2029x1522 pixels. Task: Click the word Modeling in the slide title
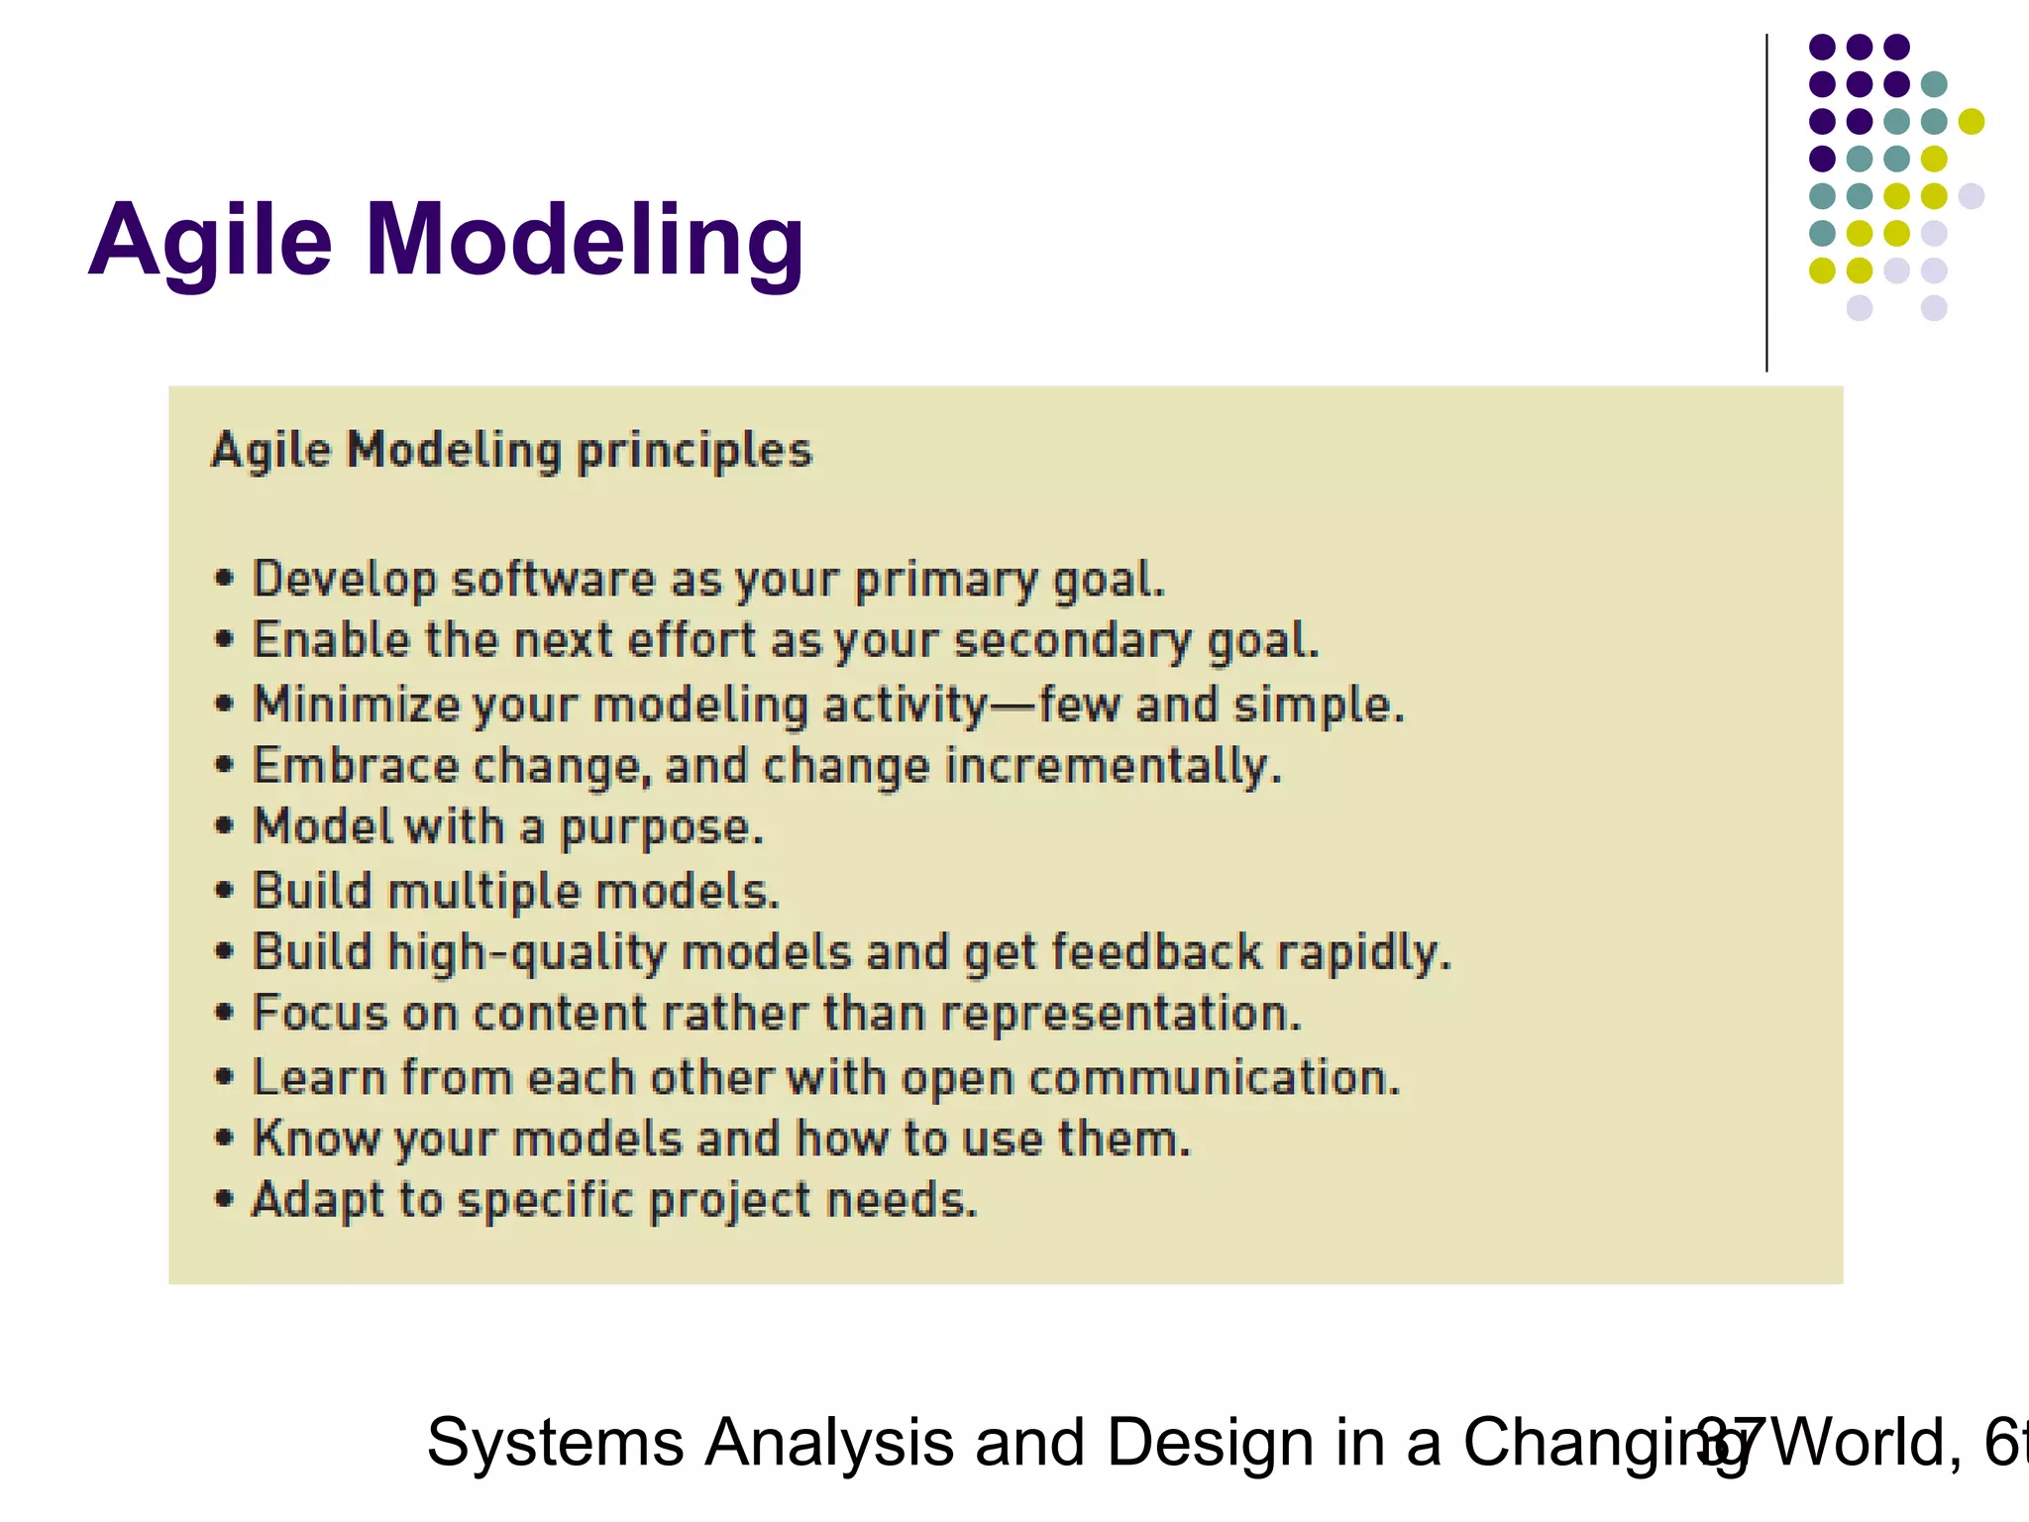click(585, 241)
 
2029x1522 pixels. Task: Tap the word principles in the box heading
click(694, 452)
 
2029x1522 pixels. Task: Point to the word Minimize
click(356, 706)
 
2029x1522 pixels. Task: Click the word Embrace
click(355, 767)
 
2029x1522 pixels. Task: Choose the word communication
click(1214, 1078)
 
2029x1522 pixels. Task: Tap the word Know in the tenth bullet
click(316, 1140)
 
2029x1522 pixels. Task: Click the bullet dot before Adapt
click(225, 1200)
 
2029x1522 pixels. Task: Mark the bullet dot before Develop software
click(225, 579)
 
